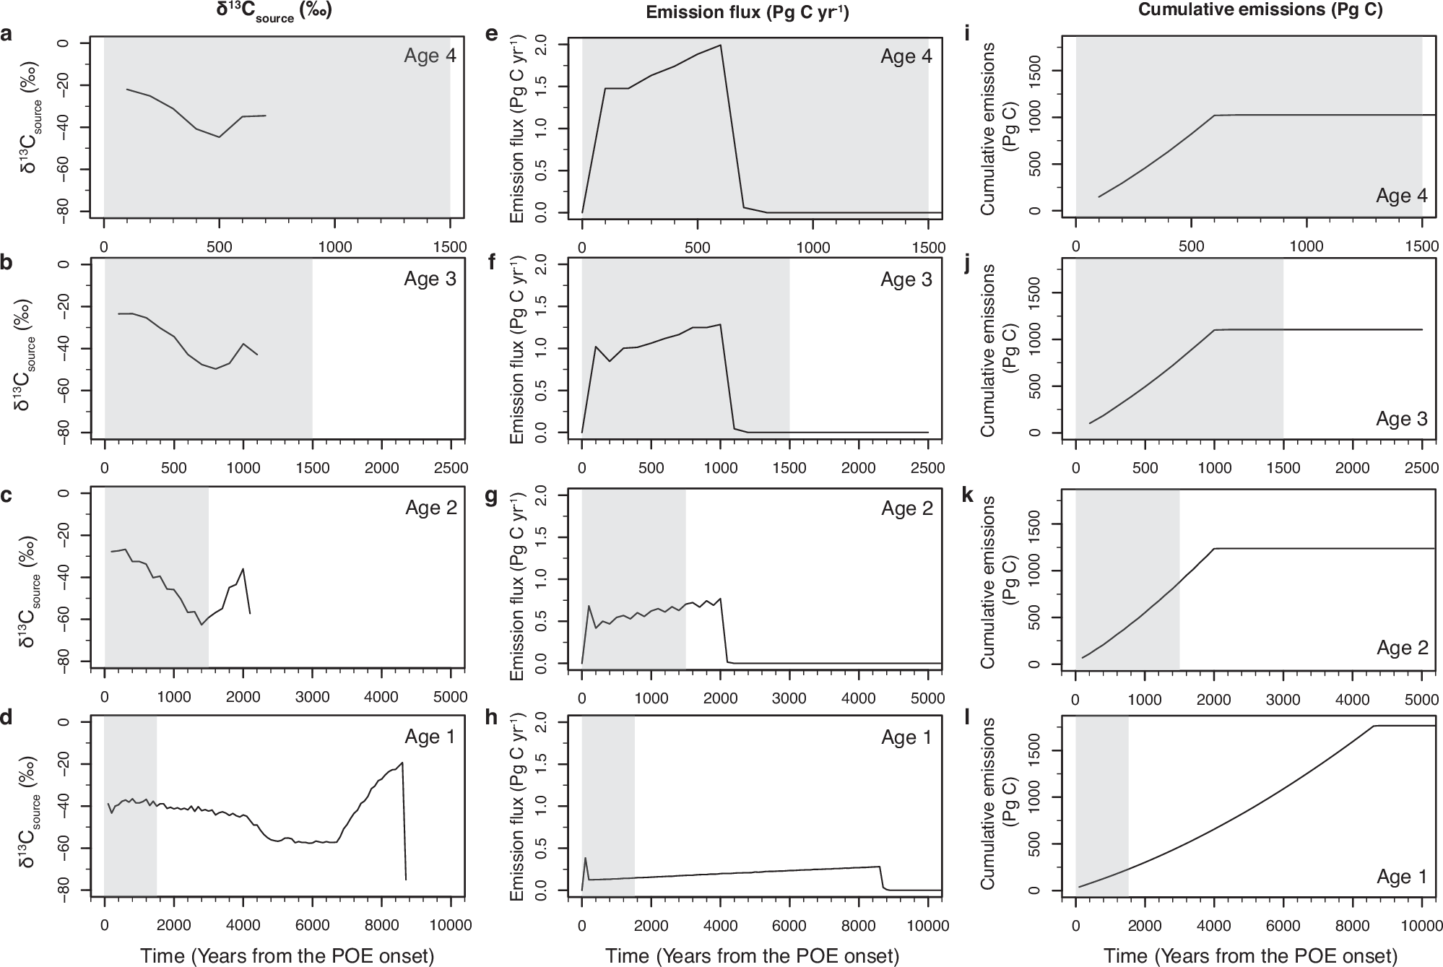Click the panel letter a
point(6,34)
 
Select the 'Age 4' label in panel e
point(906,57)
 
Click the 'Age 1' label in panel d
point(430,737)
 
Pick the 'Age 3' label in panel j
point(1401,419)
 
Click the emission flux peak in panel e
point(720,45)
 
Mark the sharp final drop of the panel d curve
point(404,823)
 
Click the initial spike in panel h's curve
point(585,858)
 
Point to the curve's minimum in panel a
point(220,136)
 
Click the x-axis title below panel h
point(752,955)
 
